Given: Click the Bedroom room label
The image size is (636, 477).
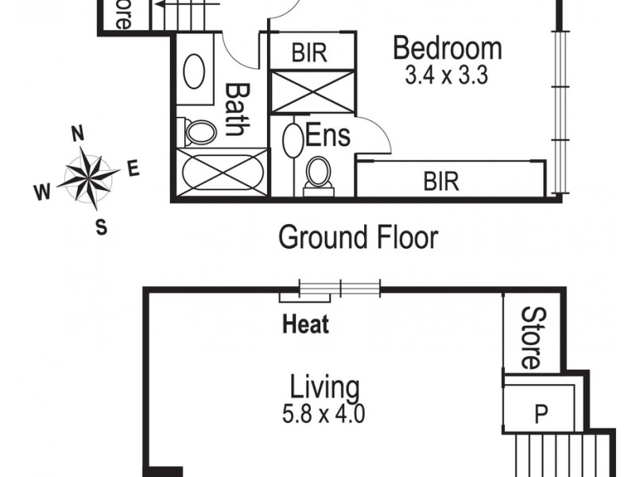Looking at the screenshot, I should point(448,49).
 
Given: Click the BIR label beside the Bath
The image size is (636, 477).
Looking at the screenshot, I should point(310,53).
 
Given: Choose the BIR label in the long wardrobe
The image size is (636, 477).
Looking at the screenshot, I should point(441,181).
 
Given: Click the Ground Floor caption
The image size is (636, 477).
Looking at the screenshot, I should point(358,237).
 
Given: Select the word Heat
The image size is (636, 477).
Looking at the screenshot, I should point(306,324).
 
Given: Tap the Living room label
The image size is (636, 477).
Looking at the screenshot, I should point(324,389).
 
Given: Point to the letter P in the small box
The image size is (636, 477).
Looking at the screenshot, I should point(541,413).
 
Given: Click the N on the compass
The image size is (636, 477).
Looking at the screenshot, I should point(79,133).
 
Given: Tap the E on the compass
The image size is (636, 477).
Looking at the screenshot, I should point(133,168).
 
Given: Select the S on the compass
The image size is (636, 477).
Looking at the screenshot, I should point(101,227).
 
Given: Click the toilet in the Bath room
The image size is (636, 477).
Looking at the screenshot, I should point(199,132).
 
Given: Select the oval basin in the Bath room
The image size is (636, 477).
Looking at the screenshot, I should point(194,72).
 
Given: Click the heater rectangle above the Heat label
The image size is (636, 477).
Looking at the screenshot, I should point(304,297).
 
